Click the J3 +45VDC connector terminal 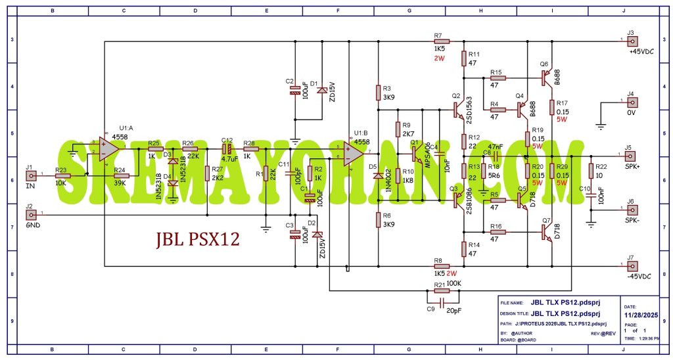tap(632, 41)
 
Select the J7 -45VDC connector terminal tap(632, 266)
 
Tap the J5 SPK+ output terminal tap(630, 156)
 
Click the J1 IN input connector tap(30, 175)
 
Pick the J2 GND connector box tap(30, 214)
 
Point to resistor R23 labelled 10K tap(62, 175)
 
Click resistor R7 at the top tap(440, 41)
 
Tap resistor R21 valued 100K tap(441, 290)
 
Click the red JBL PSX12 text tap(198, 239)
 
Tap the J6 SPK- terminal tap(630, 209)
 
